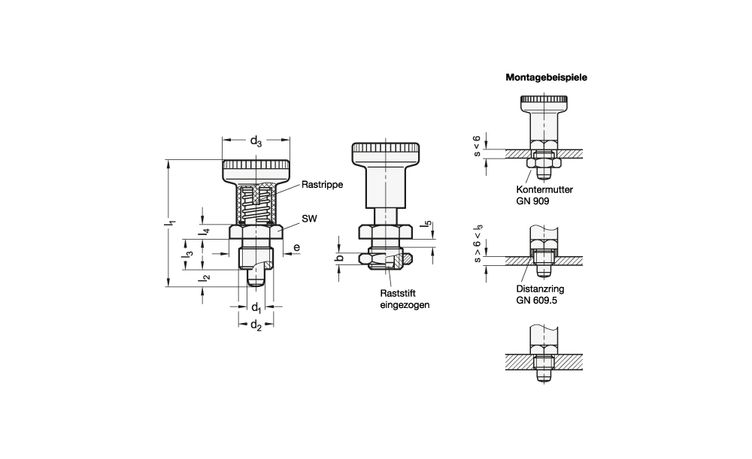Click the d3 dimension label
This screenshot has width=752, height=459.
coord(256,141)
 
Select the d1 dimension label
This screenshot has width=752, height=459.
coord(256,307)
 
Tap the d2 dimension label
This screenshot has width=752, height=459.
coord(256,326)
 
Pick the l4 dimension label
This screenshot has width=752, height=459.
coord(205,231)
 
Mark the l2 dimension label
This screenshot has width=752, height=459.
coord(205,277)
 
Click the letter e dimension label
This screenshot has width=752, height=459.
coord(297,248)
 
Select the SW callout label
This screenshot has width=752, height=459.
coord(309,219)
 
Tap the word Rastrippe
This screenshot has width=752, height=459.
coord(323,185)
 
